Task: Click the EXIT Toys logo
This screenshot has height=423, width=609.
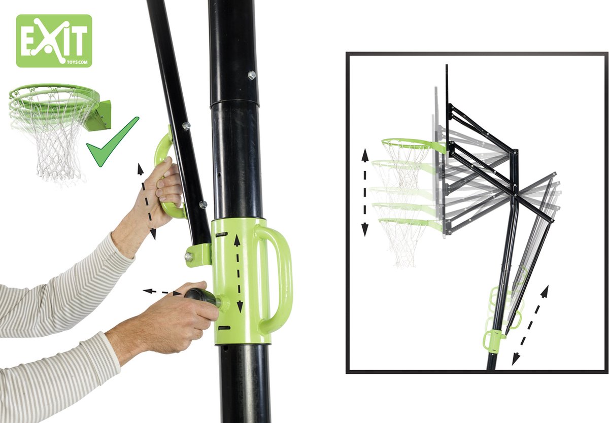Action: coord(54,41)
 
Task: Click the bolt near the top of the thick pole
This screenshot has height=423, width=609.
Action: coord(252,75)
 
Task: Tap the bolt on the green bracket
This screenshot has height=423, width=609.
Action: coord(188,256)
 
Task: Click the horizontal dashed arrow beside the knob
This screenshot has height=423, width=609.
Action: coord(162,292)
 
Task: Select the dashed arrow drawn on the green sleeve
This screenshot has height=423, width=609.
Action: coord(238,273)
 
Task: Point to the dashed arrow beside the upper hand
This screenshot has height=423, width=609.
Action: coord(147,201)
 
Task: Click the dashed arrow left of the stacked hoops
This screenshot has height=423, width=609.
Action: coord(364,192)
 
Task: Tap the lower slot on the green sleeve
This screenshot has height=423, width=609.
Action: coord(224,328)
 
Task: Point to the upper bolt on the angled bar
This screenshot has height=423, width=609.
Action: coord(186,126)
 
